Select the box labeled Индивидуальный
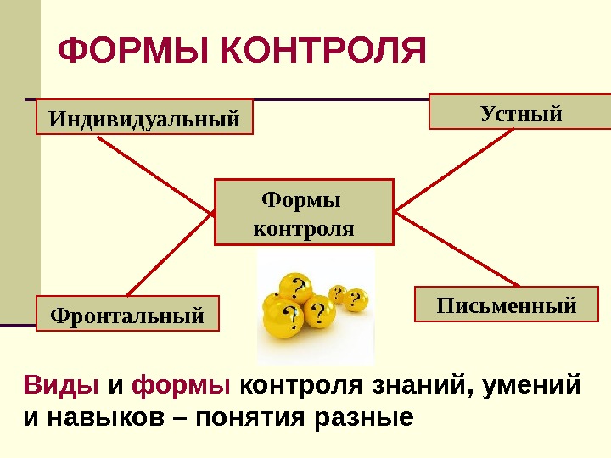coord(144,117)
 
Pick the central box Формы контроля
coord(305,212)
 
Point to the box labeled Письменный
coord(506,304)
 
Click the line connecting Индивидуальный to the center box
coord(156,175)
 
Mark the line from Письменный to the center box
coord(462,249)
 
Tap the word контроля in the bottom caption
coord(301,386)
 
